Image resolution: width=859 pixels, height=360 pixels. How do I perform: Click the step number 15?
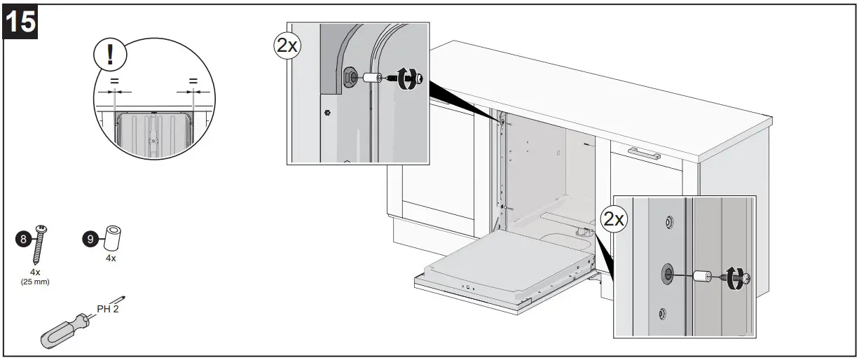tap(21, 21)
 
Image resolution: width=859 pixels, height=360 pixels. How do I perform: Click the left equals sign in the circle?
tap(114, 81)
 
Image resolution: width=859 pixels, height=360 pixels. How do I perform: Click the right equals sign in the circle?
tap(193, 81)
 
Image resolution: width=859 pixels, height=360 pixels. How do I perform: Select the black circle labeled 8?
tap(23, 240)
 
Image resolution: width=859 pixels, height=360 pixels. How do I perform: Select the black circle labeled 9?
tap(90, 240)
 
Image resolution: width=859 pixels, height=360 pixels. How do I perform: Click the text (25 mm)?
tap(35, 282)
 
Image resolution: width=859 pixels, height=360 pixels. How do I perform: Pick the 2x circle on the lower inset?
tap(614, 219)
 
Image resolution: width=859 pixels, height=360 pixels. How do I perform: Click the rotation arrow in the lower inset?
tap(733, 277)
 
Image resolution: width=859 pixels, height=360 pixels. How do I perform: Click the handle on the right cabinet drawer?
tap(643, 153)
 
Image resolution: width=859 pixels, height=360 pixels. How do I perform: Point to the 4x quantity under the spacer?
tap(110, 258)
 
